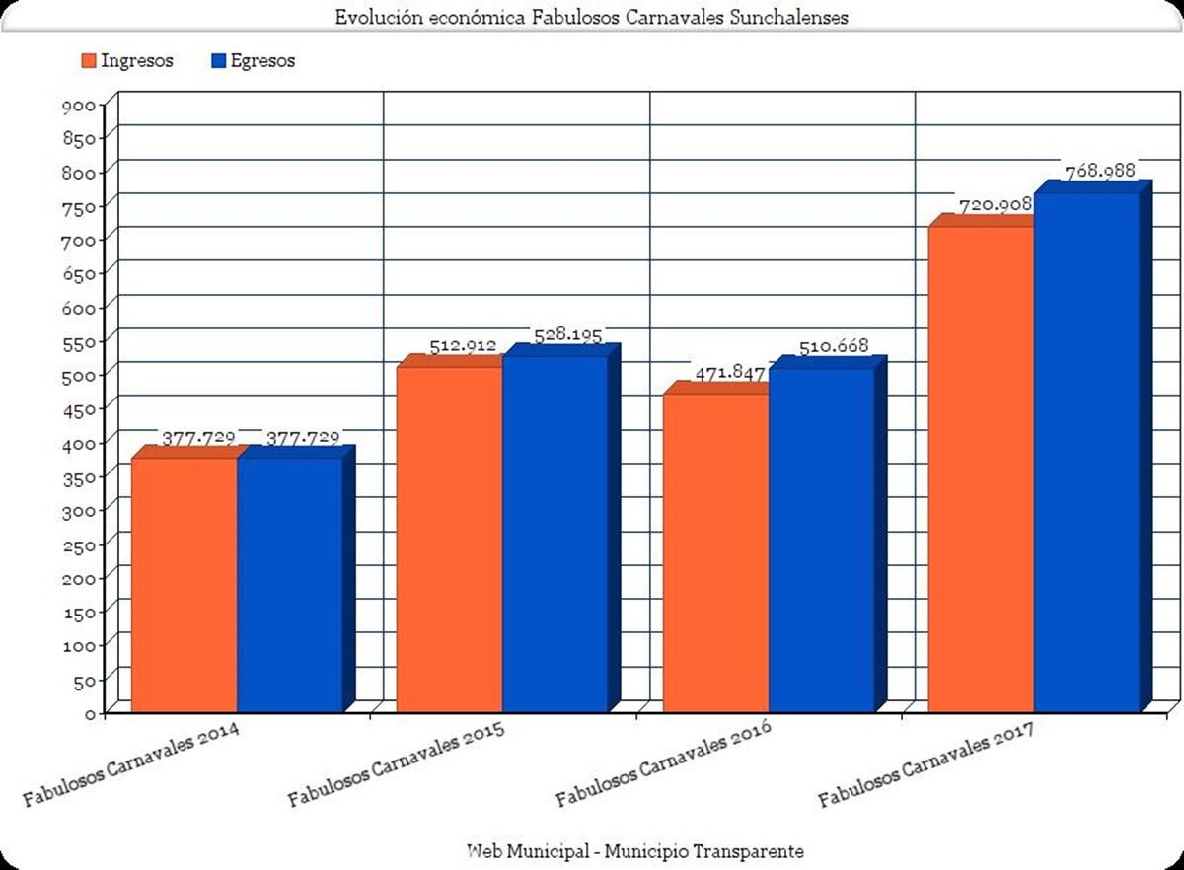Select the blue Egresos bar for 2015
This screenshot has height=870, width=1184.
click(x=555, y=533)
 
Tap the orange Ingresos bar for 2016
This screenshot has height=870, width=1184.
click(x=715, y=552)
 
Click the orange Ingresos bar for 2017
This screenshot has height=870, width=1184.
click(x=981, y=469)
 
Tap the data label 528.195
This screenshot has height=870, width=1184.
click(x=567, y=335)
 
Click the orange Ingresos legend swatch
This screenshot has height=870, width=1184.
click(x=87, y=61)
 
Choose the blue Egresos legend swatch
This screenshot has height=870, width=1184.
click(x=219, y=61)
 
